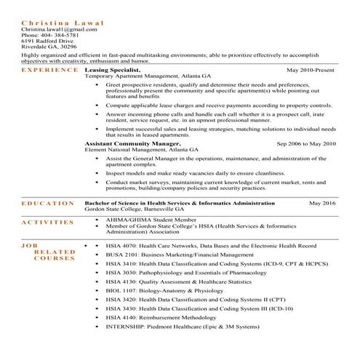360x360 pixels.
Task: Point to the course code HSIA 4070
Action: pyautogui.click(x=119, y=247)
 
